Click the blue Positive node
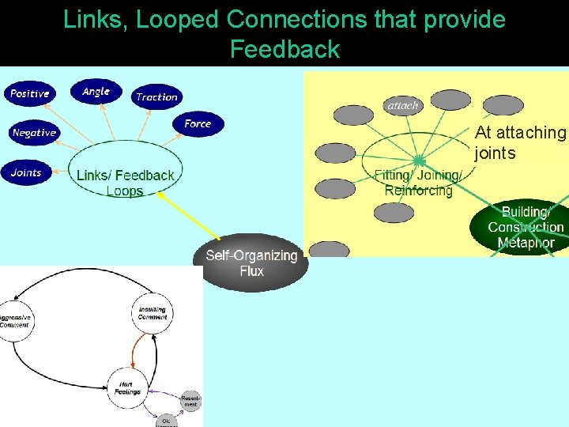click(x=30, y=94)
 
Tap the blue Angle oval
click(x=96, y=92)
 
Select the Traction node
click(x=156, y=97)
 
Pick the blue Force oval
click(x=198, y=123)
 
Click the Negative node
click(x=34, y=133)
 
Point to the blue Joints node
click(x=26, y=172)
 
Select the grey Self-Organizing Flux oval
click(x=251, y=263)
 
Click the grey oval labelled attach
click(x=402, y=105)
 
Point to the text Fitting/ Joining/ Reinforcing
click(x=418, y=183)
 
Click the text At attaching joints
click(x=520, y=143)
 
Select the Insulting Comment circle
click(x=152, y=313)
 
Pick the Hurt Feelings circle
click(x=127, y=388)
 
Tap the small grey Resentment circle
click(x=190, y=401)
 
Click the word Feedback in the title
click(x=284, y=49)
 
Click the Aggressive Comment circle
click(x=13, y=321)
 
